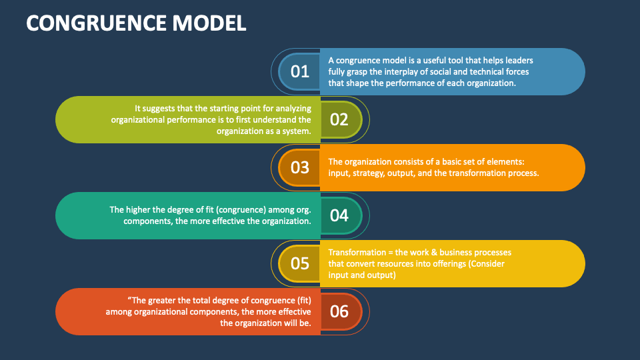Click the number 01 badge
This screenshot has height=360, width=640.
(x=300, y=71)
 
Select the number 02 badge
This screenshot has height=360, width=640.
(x=339, y=119)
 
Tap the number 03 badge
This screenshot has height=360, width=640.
(x=300, y=167)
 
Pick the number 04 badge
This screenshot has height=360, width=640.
(x=339, y=215)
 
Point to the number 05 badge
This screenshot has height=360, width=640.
(x=300, y=263)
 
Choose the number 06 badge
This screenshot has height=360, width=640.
(x=339, y=311)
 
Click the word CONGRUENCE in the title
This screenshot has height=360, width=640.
(x=91, y=23)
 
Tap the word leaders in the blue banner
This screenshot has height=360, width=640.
(x=518, y=60)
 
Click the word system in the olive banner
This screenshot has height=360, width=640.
(x=296, y=131)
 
